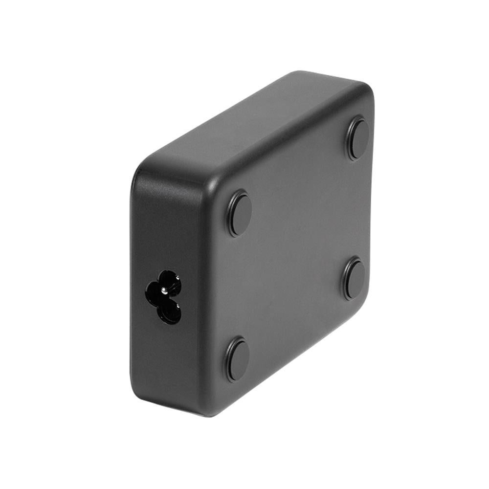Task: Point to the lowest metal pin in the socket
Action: pyautogui.click(x=177, y=307)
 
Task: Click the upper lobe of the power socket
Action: pyautogui.click(x=170, y=280)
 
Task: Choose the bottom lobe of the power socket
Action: pyautogui.click(x=170, y=312)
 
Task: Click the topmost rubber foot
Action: pyautogui.click(x=358, y=139)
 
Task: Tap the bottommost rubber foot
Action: pyautogui.click(x=238, y=359)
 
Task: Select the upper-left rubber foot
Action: pyautogui.click(x=240, y=214)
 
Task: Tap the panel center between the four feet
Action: pyautogui.click(x=298, y=249)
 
